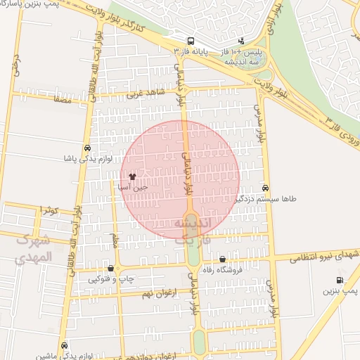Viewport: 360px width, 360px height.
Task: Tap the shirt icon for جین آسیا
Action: click(133, 176)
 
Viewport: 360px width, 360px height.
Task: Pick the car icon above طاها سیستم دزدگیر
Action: click(265, 188)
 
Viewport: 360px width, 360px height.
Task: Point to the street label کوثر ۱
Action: click(48, 210)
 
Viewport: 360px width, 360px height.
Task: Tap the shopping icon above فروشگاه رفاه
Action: click(223, 259)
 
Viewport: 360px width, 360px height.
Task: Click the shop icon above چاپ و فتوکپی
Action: click(111, 268)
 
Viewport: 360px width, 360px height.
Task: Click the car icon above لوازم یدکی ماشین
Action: click(65, 346)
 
